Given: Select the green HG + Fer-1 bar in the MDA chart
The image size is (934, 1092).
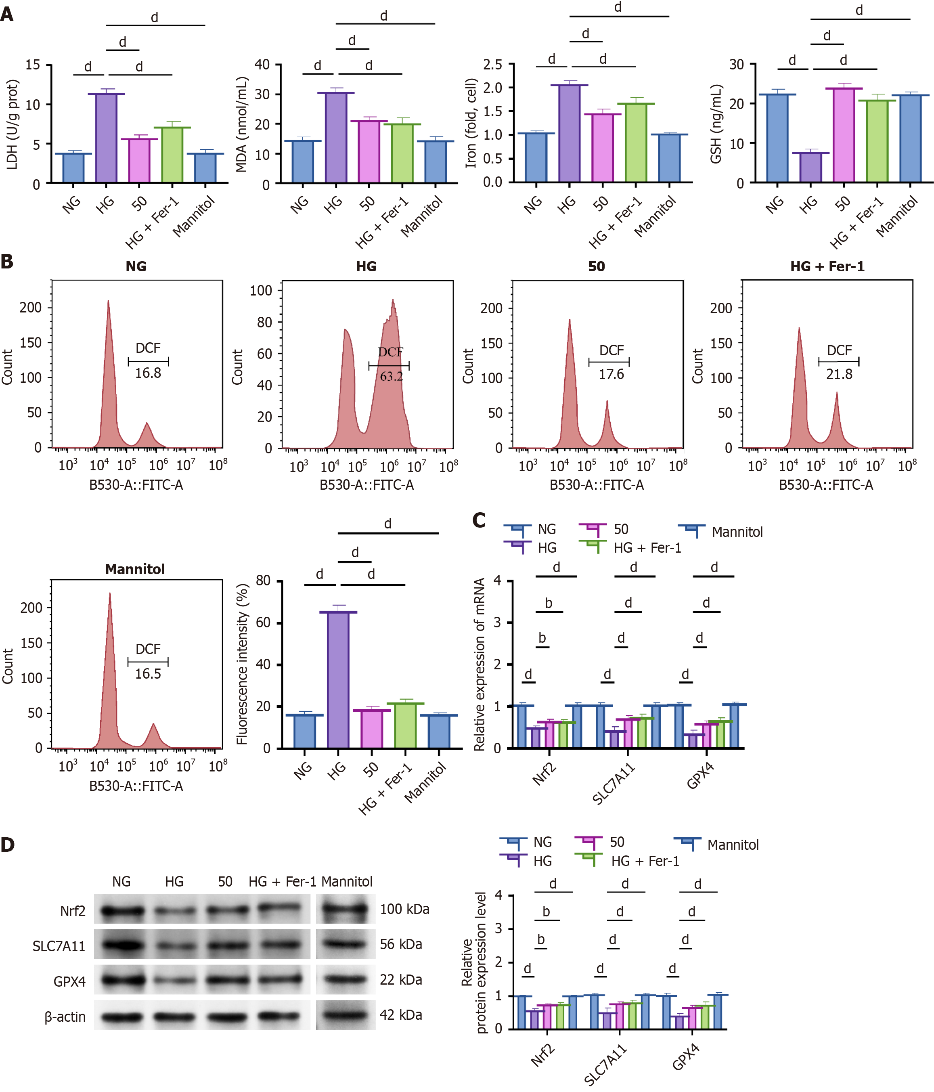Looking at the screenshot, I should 402,153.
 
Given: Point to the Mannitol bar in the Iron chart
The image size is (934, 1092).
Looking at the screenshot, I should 669,158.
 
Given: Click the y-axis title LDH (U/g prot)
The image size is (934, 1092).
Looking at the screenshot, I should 12,124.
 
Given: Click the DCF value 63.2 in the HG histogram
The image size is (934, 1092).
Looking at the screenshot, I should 391,376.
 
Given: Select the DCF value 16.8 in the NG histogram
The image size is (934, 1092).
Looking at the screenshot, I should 148,373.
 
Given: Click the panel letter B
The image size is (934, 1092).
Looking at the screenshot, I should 7,262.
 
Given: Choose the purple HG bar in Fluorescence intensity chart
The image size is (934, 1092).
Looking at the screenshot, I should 338,680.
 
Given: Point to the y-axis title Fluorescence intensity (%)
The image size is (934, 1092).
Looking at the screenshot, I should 243,664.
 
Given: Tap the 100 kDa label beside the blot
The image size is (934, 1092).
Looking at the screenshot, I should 404,909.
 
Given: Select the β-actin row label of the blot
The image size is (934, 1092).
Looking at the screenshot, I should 65,1017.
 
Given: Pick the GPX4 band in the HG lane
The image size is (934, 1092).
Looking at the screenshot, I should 174,981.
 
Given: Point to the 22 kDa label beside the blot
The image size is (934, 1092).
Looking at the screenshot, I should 400,980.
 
